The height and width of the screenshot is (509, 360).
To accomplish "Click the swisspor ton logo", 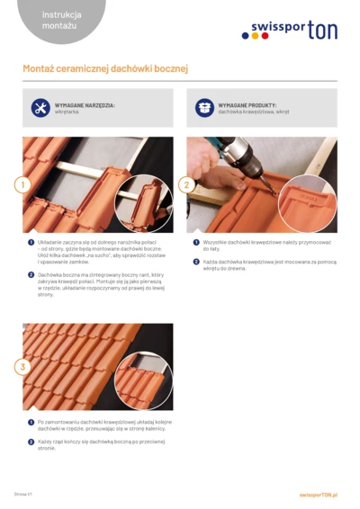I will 289,31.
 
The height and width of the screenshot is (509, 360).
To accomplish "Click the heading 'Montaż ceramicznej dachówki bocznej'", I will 105,69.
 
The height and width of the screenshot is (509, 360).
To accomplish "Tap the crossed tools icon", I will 40,108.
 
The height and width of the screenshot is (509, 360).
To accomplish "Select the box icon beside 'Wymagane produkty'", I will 204,108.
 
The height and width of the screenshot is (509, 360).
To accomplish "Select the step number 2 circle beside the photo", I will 186,184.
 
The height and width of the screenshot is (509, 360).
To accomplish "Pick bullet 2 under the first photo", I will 31,273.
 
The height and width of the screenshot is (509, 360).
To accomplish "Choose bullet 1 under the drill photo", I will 195,241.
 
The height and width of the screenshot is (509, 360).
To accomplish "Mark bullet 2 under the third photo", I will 31,442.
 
